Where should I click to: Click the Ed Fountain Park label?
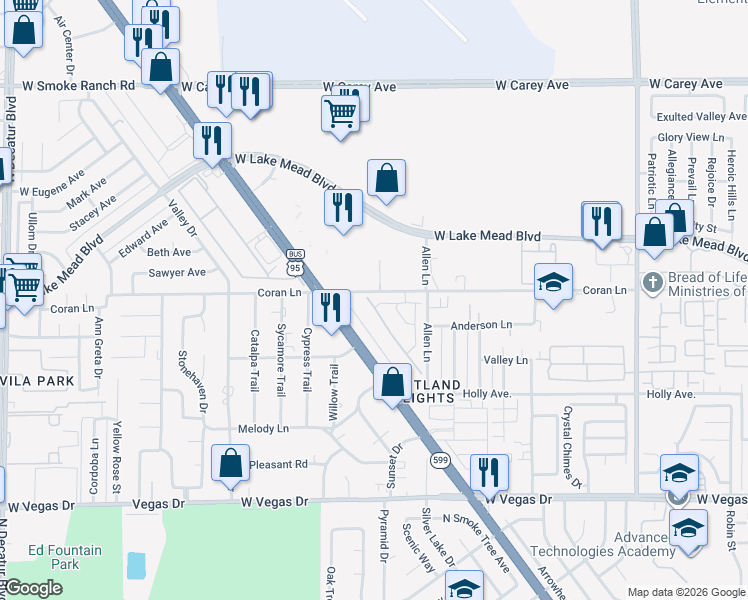coord(65,557)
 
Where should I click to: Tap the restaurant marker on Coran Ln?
coord(331,307)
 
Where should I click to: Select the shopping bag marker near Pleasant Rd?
coord(230,463)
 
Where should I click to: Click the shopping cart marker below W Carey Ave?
coord(340,114)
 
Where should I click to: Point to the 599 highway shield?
coord(441,460)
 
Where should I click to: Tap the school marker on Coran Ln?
coord(552,282)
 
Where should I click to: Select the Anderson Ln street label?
coord(481,325)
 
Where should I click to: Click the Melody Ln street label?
coord(263,429)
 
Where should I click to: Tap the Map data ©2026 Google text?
coord(685,592)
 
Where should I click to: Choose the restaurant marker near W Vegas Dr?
coord(489,472)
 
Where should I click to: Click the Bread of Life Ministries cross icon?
coord(653,281)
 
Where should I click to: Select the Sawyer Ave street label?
coord(177,272)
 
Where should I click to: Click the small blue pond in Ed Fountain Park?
coord(136,565)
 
